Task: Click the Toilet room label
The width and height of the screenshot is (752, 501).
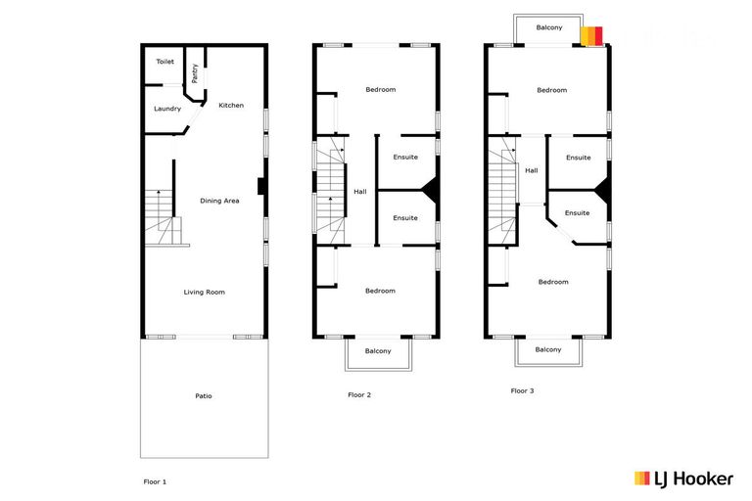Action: [x=164, y=62]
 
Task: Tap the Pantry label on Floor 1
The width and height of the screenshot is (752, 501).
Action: [x=195, y=71]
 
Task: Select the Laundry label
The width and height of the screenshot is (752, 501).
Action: [x=167, y=109]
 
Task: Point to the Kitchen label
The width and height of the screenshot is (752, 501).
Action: [x=231, y=106]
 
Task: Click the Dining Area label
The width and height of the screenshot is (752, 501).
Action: [x=219, y=201]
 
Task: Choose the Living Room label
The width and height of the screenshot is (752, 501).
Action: [x=205, y=292]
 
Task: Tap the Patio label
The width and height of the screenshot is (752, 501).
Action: [x=204, y=396]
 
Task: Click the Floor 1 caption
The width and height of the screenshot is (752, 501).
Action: [x=156, y=482]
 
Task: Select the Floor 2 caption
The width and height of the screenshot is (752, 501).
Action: [x=359, y=395]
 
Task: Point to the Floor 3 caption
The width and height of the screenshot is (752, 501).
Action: [x=523, y=390]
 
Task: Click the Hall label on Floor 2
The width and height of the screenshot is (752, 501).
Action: [x=360, y=191]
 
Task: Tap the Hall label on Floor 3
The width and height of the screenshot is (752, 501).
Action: [x=532, y=170]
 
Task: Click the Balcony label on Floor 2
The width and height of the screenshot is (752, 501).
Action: [x=378, y=351]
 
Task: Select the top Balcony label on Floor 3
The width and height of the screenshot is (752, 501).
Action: [x=549, y=27]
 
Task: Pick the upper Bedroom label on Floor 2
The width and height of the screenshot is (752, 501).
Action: [x=380, y=90]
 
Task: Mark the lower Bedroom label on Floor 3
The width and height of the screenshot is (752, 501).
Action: [x=552, y=282]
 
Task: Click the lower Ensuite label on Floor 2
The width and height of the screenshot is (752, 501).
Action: [x=405, y=217]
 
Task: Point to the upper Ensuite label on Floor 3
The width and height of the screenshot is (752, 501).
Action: [x=578, y=158]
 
